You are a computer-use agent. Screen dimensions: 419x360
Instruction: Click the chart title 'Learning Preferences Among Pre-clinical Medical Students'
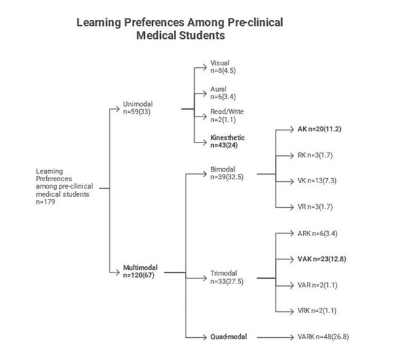click(x=180, y=28)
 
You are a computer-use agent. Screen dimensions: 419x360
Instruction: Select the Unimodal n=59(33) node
click(x=138, y=108)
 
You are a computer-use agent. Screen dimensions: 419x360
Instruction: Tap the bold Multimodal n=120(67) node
click(x=140, y=271)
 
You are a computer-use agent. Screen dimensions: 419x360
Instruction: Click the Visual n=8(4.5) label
click(x=223, y=67)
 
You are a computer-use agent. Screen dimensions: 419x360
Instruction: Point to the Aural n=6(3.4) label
click(x=223, y=92)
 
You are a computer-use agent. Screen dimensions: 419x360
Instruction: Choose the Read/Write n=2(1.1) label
click(x=227, y=115)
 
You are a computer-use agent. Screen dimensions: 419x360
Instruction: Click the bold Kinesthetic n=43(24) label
click(x=227, y=141)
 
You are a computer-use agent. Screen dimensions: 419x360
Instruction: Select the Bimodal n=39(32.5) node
click(x=227, y=173)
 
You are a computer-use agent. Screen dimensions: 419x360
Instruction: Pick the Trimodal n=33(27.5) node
click(x=227, y=277)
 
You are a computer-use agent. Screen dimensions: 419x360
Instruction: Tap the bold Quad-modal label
click(x=229, y=337)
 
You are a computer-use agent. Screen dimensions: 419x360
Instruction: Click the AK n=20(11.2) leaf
click(x=319, y=129)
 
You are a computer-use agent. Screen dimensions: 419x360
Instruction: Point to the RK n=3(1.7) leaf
click(x=315, y=155)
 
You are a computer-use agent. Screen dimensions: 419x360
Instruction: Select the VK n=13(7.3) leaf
click(x=317, y=181)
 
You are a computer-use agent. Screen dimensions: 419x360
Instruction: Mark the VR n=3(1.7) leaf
click(x=315, y=207)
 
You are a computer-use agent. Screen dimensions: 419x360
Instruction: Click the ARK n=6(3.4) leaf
click(x=317, y=234)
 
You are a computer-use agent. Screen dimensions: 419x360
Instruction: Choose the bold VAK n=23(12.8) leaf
click(x=322, y=259)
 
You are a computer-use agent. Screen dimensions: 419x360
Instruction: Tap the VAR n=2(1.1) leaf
click(x=317, y=285)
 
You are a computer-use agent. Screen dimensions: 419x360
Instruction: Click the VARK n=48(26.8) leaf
click(x=323, y=337)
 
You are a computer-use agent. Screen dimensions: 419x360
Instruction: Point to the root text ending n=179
click(x=65, y=186)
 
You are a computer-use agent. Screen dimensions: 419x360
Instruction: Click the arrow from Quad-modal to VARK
click(x=275, y=337)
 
